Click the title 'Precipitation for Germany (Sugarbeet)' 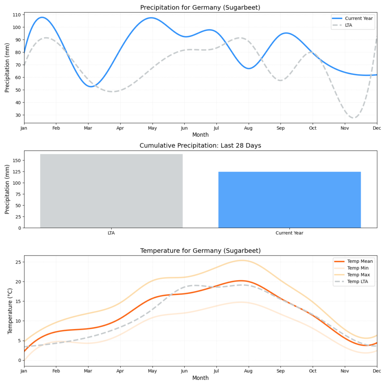pos(200,8)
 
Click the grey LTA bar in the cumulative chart pos(111,191)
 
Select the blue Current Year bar pos(289,200)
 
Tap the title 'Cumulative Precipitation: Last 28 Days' pos(200,146)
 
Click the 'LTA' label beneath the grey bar pos(111,233)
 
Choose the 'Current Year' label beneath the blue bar pos(289,233)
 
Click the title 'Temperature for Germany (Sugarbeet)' pos(200,251)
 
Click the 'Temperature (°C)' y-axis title pos(10,311)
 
